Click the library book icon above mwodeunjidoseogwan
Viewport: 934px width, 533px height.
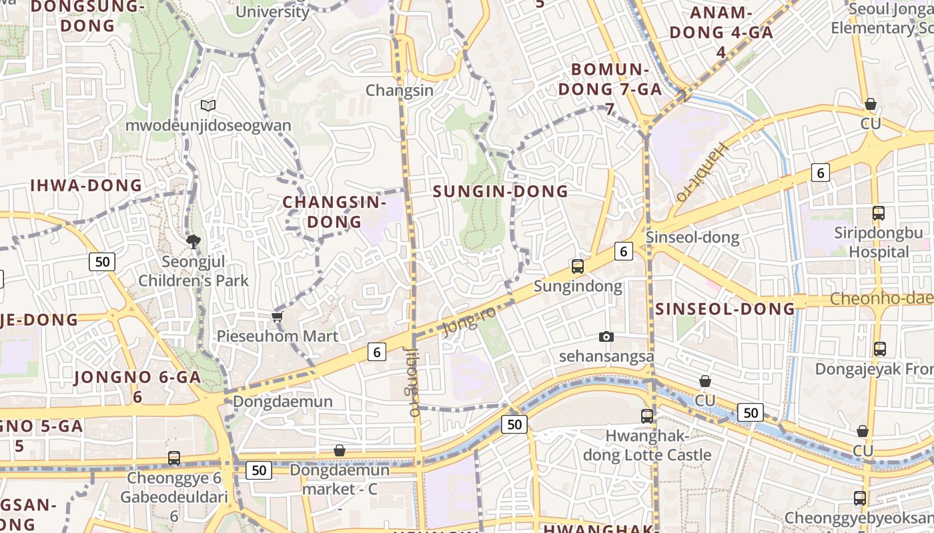pos(208,105)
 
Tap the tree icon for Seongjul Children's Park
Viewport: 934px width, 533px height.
pos(193,241)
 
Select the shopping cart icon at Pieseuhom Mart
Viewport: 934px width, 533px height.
pos(278,316)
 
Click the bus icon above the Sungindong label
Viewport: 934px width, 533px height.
pos(578,266)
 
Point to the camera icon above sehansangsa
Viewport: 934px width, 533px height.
pos(606,336)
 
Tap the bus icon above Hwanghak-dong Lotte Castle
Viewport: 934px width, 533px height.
pos(647,416)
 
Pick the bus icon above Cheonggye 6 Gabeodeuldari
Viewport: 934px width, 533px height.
pos(174,458)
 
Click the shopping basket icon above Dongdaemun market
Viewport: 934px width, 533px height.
pos(340,451)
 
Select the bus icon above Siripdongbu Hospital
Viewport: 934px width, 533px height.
pos(879,213)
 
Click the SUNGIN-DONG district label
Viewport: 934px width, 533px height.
pos(500,192)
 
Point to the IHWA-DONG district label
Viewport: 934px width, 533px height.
pos(86,186)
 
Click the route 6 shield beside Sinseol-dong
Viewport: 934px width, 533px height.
pos(624,251)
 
